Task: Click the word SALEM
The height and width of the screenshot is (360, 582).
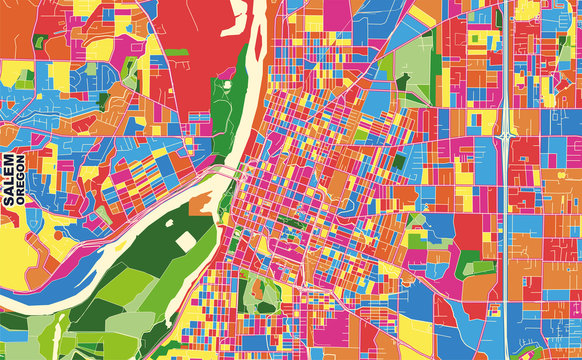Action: point(9,181)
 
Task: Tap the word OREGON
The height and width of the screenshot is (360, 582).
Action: point(21,181)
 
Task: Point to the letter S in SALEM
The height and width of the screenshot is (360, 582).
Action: point(9,201)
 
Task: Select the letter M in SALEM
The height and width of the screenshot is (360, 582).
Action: point(9,161)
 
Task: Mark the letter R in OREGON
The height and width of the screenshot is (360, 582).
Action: point(21,194)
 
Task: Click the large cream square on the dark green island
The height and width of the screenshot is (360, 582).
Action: point(187,242)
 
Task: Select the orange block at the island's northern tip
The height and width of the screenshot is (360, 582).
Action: point(200,203)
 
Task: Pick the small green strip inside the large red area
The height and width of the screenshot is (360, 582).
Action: point(176,51)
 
